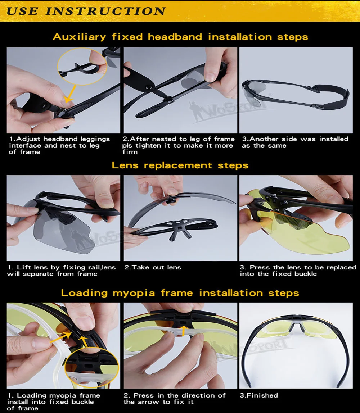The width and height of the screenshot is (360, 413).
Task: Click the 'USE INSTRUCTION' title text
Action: point(86,11)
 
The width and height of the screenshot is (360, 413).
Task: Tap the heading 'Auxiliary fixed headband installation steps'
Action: point(180,37)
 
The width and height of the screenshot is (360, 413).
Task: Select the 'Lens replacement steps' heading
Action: point(180,165)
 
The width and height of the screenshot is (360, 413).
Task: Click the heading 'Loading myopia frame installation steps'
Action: point(180,293)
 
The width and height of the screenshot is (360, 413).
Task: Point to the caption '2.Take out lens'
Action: point(153,267)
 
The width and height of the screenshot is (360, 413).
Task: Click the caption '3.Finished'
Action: point(259,395)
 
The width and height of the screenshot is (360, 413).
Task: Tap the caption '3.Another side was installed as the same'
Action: point(295,142)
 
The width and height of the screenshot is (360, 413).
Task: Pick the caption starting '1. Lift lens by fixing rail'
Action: point(62,271)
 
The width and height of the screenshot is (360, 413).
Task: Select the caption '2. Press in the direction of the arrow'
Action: point(175,399)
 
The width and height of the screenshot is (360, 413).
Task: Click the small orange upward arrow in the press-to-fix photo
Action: point(183,331)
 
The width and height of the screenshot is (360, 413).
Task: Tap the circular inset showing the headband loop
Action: point(82,67)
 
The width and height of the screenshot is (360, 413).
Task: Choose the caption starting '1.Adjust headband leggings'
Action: point(59,145)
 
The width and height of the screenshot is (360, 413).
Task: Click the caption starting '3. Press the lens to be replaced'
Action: point(298,271)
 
